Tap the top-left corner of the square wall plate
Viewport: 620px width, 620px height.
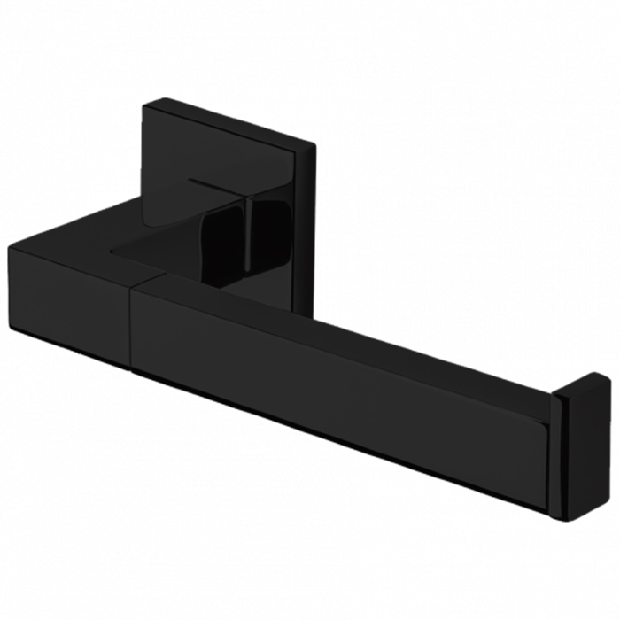click(145, 105)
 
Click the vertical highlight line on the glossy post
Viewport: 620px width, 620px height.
click(251, 232)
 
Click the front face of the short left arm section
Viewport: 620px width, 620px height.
click(71, 301)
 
